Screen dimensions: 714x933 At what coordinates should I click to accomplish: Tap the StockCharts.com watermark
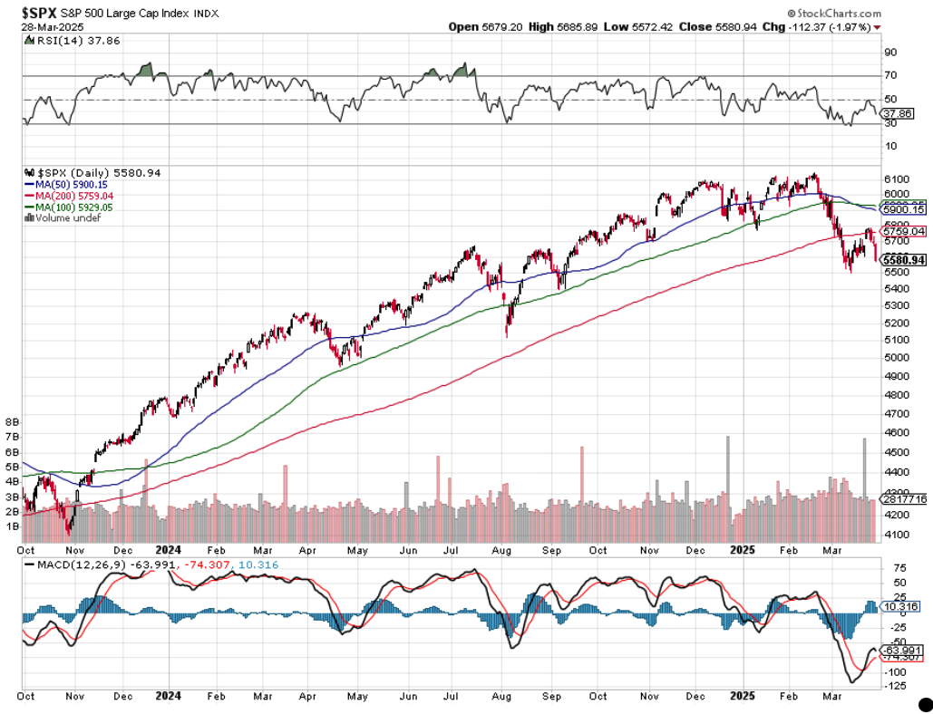coord(834,14)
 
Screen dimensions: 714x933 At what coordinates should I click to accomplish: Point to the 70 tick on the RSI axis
coord(890,75)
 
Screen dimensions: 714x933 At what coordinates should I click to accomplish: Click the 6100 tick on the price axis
coord(895,178)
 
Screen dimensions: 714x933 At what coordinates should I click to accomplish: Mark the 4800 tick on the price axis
coord(895,395)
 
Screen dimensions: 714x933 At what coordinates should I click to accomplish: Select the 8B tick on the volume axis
coord(13,422)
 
